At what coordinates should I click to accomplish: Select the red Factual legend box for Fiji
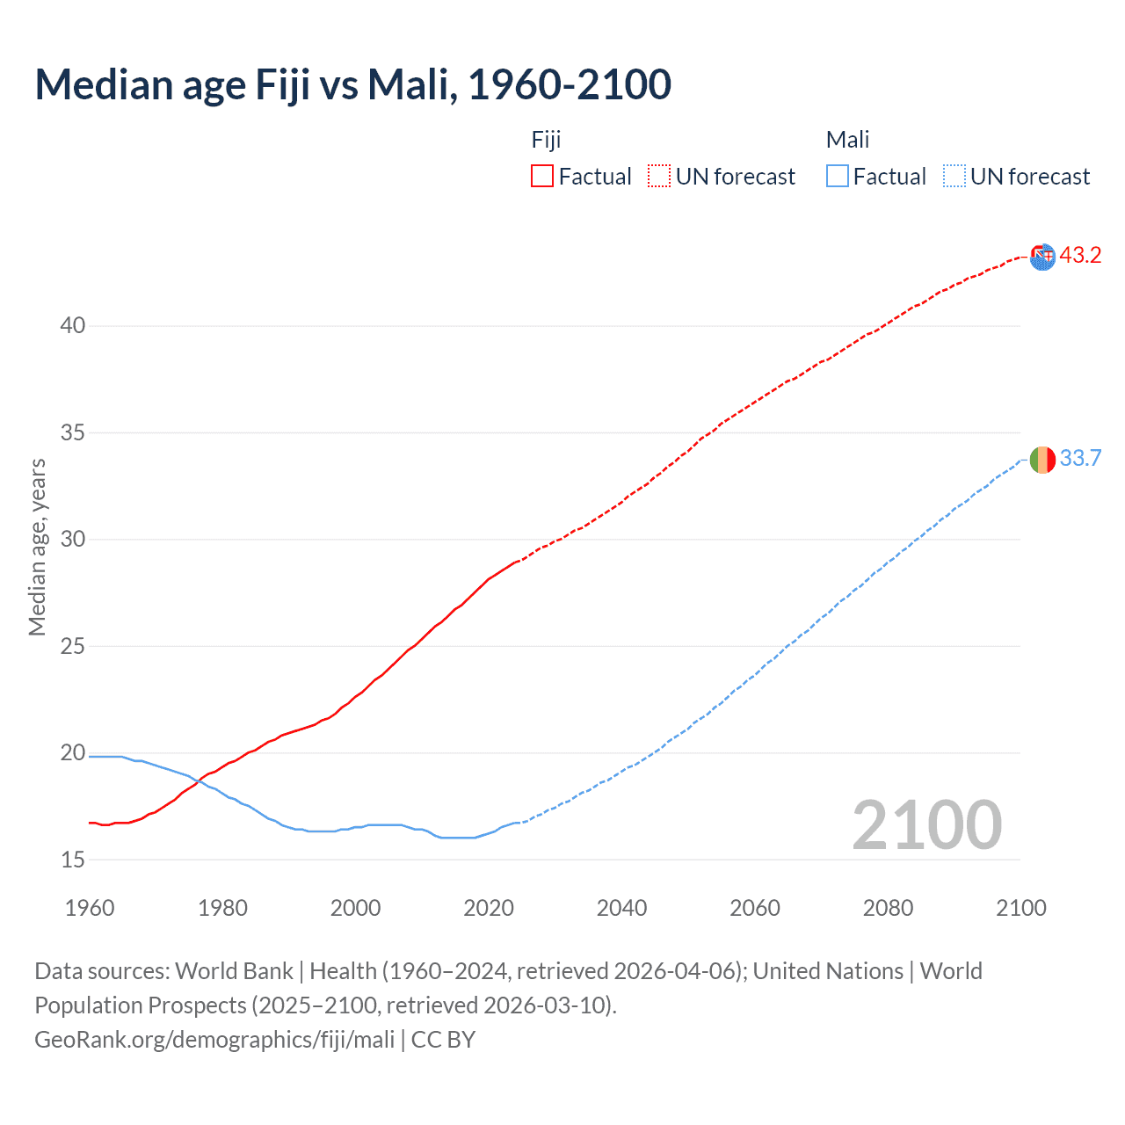(x=542, y=176)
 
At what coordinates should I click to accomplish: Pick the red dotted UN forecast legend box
(x=659, y=176)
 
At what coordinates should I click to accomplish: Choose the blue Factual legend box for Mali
(x=837, y=176)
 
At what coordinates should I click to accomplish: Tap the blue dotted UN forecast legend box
(x=954, y=176)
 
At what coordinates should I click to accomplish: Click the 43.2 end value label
(x=1080, y=256)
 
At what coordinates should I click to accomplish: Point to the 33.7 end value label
(x=1080, y=459)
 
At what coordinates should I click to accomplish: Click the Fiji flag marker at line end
(x=1042, y=257)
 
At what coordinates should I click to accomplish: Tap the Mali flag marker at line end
(x=1042, y=460)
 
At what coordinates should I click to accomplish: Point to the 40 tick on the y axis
(x=73, y=326)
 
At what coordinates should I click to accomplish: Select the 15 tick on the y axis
(x=73, y=860)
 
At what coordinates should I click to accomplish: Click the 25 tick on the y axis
(x=73, y=646)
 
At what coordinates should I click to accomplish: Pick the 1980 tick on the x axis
(x=222, y=908)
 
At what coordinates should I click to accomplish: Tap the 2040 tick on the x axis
(x=621, y=908)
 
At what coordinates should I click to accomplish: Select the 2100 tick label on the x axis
(x=1020, y=908)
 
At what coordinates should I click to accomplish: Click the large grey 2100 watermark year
(x=926, y=824)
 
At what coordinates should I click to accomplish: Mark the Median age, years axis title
(x=37, y=547)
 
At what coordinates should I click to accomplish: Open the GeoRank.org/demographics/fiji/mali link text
(x=214, y=1040)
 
